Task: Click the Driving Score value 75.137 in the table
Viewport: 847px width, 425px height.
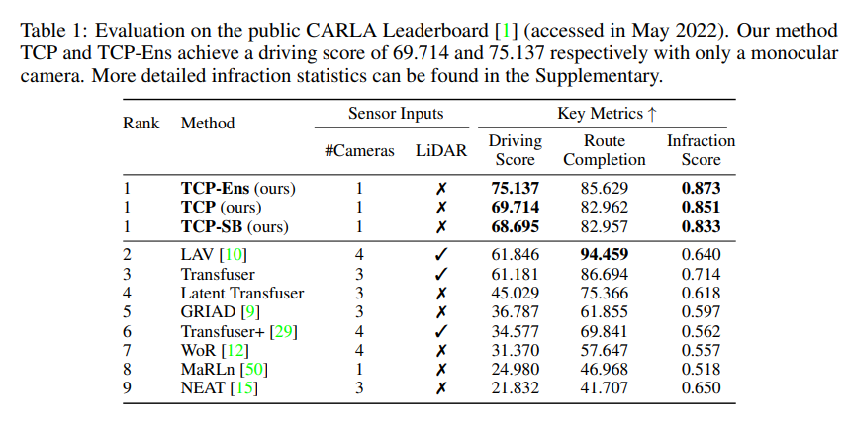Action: tap(515, 188)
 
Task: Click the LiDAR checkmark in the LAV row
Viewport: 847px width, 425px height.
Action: tap(441, 255)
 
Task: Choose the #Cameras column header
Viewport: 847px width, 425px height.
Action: tap(359, 151)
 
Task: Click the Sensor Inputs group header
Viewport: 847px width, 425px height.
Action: tap(396, 114)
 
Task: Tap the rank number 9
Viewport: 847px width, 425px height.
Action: tap(129, 387)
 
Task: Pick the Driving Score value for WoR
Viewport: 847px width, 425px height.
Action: tap(515, 350)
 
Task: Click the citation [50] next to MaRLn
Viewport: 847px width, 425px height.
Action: tap(255, 369)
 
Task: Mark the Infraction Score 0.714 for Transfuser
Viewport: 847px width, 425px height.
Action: tap(701, 274)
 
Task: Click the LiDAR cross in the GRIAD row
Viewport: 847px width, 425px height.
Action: tap(441, 312)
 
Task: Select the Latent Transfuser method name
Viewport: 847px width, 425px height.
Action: tap(242, 293)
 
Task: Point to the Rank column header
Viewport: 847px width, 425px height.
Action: tap(141, 124)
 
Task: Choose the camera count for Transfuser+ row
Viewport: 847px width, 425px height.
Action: tap(359, 331)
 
